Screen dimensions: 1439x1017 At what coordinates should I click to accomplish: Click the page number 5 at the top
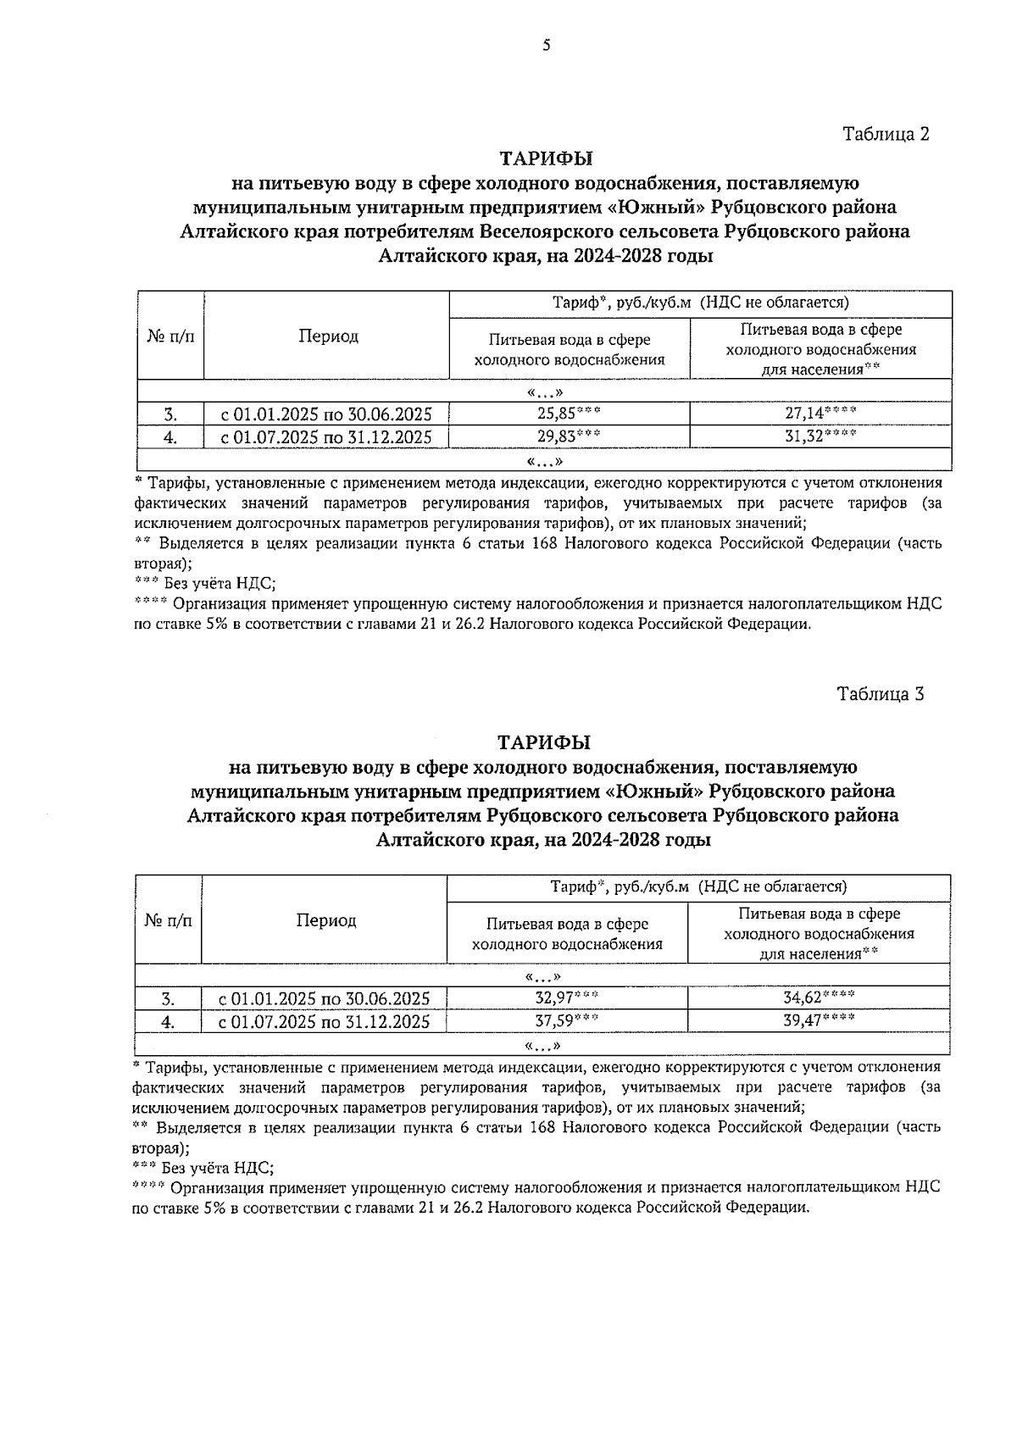point(547,46)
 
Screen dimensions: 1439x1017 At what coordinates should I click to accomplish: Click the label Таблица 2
point(886,134)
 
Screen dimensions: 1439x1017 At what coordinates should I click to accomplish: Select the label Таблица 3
point(880,694)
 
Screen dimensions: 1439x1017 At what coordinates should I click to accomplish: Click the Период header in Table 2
point(328,336)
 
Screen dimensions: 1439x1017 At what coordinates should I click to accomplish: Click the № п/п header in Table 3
point(169,921)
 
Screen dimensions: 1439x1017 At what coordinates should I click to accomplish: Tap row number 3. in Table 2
point(171,415)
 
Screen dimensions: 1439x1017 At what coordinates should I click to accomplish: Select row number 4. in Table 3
point(169,1022)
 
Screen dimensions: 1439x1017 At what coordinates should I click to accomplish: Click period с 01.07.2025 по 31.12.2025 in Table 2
point(326,437)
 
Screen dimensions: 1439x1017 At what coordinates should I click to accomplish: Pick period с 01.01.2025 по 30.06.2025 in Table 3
point(325,999)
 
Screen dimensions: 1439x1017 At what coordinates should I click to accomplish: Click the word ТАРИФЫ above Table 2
point(546,159)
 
